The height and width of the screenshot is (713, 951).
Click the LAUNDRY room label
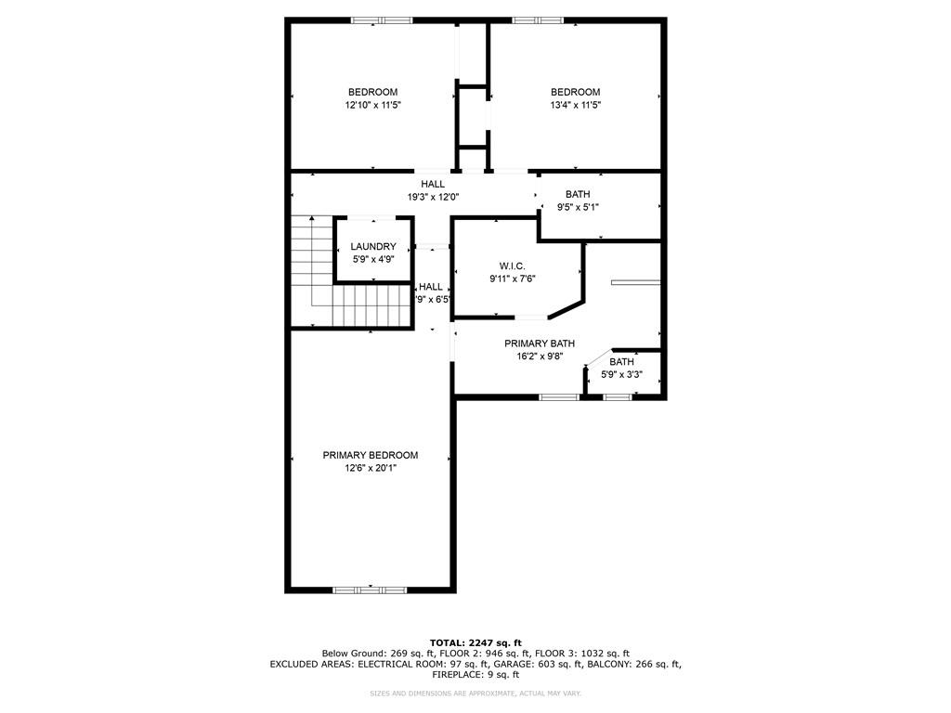click(x=373, y=246)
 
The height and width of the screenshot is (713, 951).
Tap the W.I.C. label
click(x=512, y=266)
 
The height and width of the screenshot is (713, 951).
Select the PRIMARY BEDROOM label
click(x=370, y=455)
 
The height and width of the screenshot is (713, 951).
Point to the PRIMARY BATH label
click(x=540, y=344)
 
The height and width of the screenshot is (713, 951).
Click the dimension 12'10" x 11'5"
click(x=372, y=105)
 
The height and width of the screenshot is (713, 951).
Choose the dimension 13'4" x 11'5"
click(x=575, y=105)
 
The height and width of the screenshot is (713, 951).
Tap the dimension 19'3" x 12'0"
click(x=433, y=197)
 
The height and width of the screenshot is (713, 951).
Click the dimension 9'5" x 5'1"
click(x=578, y=207)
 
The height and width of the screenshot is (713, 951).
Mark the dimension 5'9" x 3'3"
click(x=621, y=375)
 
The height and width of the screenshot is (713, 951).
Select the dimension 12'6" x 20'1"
click(x=370, y=468)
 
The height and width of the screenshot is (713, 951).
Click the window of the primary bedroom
click(x=370, y=589)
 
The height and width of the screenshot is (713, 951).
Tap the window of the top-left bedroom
click(x=382, y=19)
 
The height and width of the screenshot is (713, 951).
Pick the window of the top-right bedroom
click(x=538, y=19)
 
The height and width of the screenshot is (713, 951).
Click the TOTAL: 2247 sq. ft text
click(x=475, y=642)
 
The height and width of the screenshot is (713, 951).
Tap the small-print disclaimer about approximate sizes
click(x=475, y=694)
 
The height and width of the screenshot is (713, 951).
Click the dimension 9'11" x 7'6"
click(x=512, y=279)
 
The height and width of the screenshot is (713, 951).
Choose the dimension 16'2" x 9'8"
click(x=540, y=356)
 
